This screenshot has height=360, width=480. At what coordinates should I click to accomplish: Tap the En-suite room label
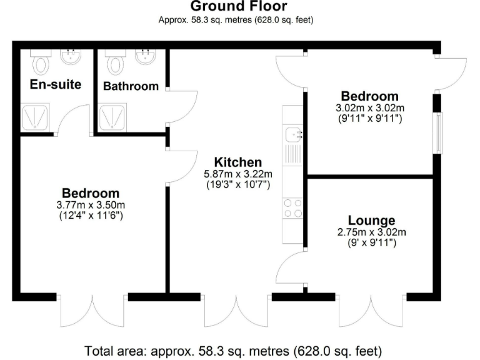56,84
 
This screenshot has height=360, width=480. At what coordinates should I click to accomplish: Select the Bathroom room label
131,86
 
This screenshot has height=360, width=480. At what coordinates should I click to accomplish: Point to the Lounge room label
371,220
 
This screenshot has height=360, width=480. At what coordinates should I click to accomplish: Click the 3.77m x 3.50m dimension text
90,205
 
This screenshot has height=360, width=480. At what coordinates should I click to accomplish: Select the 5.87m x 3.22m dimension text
238,174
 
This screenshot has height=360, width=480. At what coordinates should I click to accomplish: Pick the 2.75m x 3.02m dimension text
372,232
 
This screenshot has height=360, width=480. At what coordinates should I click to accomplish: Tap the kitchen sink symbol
292,134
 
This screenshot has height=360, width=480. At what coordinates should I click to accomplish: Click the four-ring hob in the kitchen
292,208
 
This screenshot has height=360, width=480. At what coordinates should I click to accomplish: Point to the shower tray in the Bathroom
114,116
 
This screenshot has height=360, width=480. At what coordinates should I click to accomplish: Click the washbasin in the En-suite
70,58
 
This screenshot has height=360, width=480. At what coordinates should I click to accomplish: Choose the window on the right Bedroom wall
437,133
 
